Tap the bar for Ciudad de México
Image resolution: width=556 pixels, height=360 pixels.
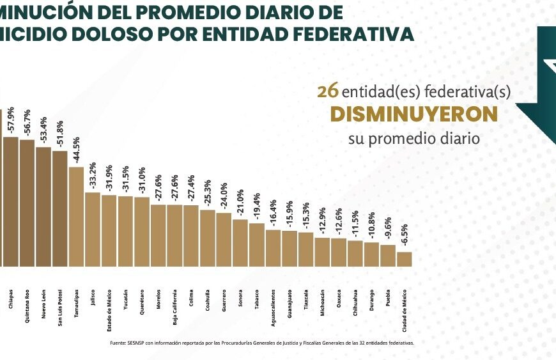(x=404, y=259)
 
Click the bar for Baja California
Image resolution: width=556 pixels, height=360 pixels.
(x=174, y=235)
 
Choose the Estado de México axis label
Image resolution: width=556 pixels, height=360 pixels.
(x=109, y=299)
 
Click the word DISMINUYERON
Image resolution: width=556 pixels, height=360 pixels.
(x=413, y=114)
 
